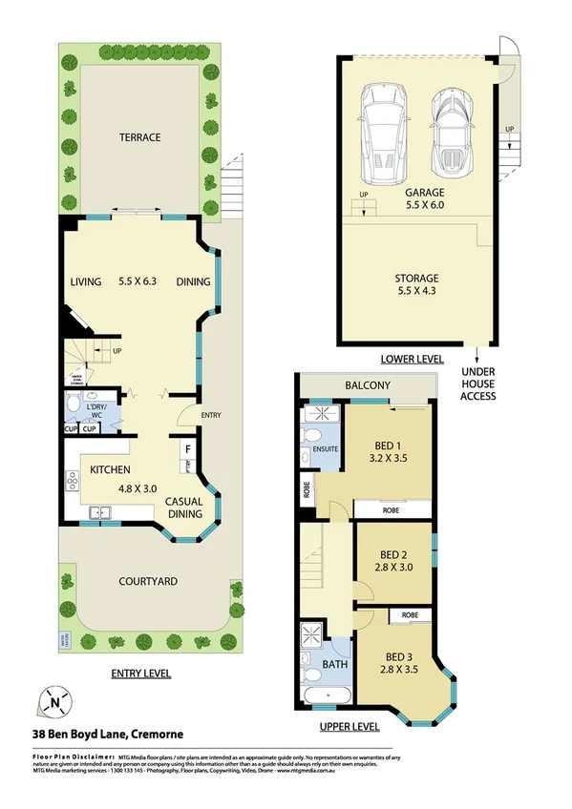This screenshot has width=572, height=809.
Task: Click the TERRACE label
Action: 139,137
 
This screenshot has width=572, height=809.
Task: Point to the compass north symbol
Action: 55,703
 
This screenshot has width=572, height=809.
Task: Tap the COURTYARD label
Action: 147,580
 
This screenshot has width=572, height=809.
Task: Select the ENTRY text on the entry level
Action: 210,415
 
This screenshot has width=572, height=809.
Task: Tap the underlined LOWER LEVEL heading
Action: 413,359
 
